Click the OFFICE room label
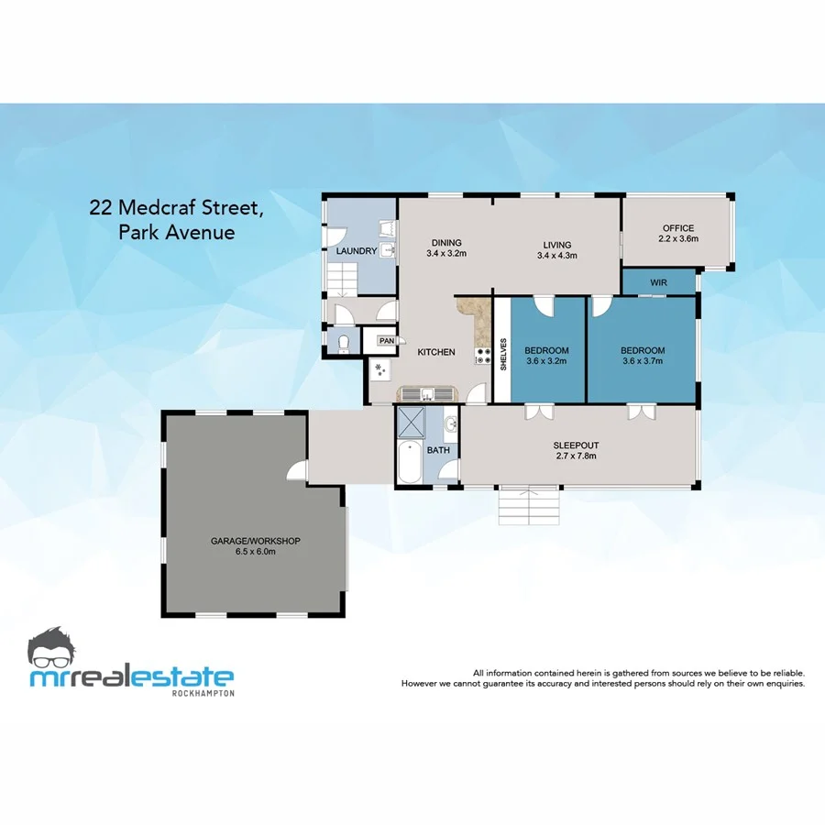click(x=678, y=228)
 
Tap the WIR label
click(x=658, y=282)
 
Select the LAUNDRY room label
click(x=356, y=250)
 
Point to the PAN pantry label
click(x=387, y=341)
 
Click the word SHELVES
click(x=503, y=354)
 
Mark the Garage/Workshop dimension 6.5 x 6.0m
click(x=256, y=552)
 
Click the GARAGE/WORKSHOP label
click(x=256, y=541)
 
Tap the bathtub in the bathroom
click(x=410, y=463)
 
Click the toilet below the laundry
click(x=343, y=344)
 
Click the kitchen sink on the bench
click(x=427, y=395)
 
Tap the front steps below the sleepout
click(x=529, y=504)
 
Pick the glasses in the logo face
click(x=59, y=654)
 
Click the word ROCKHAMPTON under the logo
click(x=203, y=693)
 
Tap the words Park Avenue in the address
click(x=177, y=232)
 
